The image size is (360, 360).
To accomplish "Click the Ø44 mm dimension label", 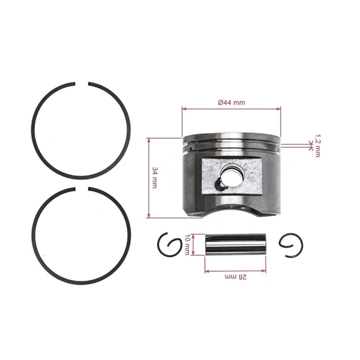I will coord(231,103).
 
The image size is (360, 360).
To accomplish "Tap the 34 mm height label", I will coord(155,178).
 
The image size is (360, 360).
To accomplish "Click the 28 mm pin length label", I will coord(236,277).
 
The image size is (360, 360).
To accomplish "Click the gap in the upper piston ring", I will coord(82,82).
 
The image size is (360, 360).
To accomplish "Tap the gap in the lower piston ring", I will coord(82,190).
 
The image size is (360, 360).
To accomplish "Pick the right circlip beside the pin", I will coord(292,245).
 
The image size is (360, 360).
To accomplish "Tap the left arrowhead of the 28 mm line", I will coord(207,271).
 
